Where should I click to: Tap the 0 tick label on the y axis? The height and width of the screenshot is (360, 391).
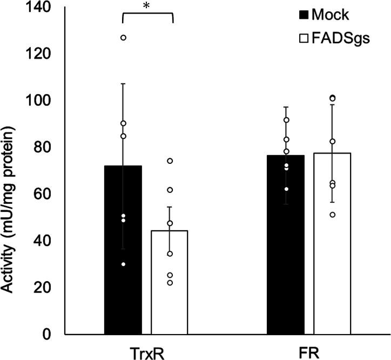click(46, 334)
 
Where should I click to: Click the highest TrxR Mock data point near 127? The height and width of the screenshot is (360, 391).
click(123, 37)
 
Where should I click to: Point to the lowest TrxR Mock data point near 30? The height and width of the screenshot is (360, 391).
click(123, 264)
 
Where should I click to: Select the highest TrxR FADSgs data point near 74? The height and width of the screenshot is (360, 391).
click(170, 161)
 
